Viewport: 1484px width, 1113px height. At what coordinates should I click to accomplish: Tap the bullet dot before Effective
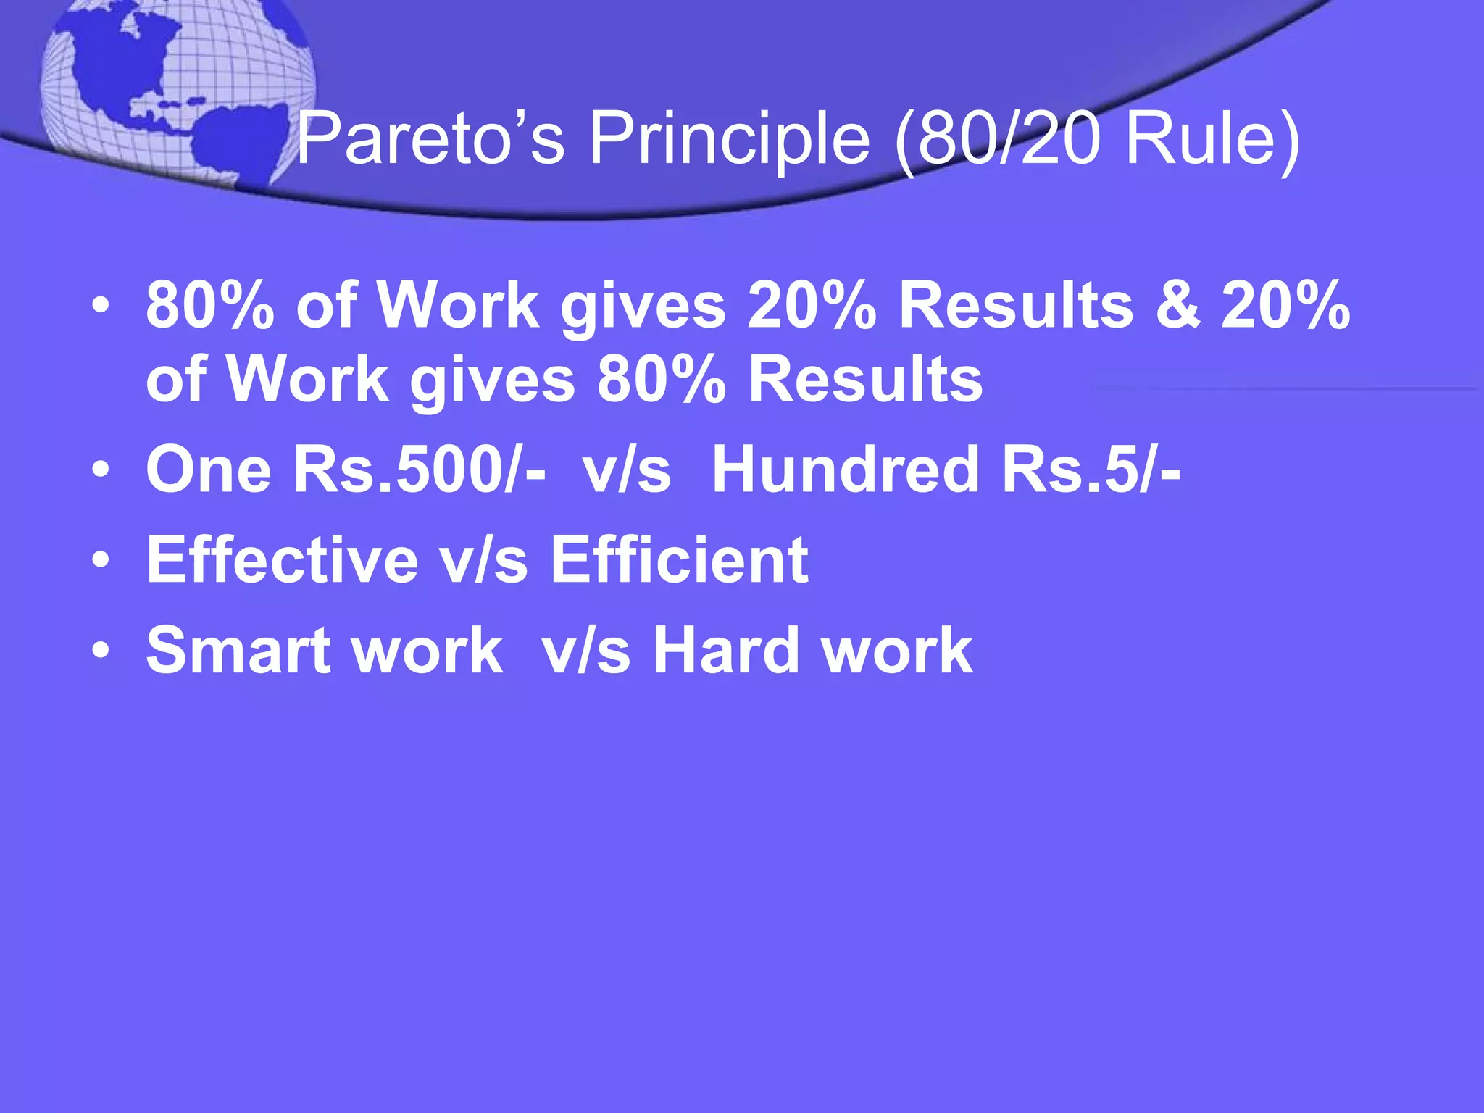coord(101,559)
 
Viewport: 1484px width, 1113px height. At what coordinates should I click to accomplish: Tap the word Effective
coord(282,559)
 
